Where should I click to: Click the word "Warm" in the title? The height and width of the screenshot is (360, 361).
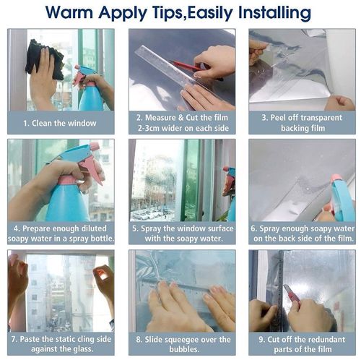69,12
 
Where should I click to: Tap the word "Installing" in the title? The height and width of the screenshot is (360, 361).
274,13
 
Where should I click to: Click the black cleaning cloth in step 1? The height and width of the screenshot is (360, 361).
45,59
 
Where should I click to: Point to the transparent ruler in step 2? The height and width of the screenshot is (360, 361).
175,72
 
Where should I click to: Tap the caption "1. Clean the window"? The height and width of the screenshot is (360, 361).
60,124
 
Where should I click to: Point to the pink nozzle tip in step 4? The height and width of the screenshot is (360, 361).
95,145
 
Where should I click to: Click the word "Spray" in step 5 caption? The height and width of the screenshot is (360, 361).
151,228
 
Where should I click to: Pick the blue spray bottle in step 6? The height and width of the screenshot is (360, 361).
342,197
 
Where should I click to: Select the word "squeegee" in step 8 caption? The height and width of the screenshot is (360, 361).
180,340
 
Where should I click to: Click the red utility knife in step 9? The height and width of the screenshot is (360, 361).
292,293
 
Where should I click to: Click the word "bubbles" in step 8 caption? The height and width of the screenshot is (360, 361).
183,349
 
